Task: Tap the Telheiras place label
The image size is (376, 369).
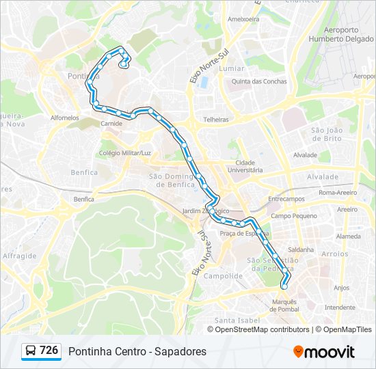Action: click(215, 119)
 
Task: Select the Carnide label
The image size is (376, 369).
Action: click(111, 124)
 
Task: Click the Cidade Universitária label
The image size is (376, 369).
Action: click(245, 166)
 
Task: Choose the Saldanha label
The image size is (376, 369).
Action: click(301, 249)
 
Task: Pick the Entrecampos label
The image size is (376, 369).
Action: click(286, 199)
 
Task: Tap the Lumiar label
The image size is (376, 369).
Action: click(232, 68)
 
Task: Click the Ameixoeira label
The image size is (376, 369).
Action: click(243, 19)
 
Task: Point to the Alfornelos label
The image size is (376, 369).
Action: click(65, 118)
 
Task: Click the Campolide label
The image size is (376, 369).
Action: click(224, 276)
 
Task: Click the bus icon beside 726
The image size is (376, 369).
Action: click(31, 351)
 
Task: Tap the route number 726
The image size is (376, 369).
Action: click(49, 351)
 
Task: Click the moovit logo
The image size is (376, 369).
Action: click(324, 352)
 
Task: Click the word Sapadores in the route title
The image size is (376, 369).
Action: click(181, 351)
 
